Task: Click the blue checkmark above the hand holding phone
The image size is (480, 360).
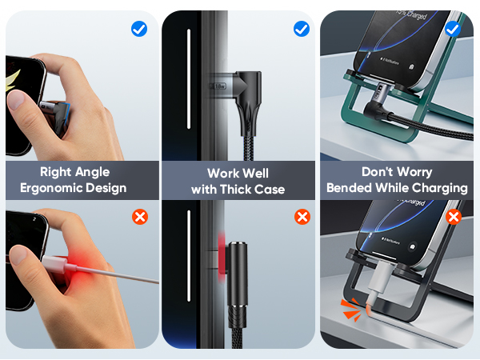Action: pyautogui.click(x=138, y=30)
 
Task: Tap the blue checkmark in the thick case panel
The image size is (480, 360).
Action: pyautogui.click(x=302, y=30)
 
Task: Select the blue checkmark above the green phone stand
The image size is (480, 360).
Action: pyautogui.click(x=453, y=30)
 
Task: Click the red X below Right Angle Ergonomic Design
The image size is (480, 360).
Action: pyautogui.click(x=139, y=217)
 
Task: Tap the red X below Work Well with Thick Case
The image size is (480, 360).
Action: pyautogui.click(x=302, y=217)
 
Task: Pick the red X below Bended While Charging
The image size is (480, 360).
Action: pyautogui.click(x=454, y=217)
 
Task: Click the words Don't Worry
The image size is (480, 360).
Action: pyautogui.click(x=397, y=172)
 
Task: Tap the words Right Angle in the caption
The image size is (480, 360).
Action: pyautogui.click(x=74, y=171)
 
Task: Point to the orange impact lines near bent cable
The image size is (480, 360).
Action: pyautogui.click(x=349, y=310)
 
